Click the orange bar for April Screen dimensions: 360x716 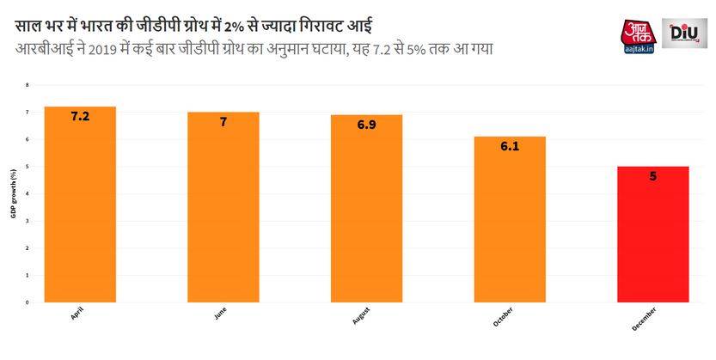80,206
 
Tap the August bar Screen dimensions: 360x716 366,211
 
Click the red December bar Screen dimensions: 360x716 652,235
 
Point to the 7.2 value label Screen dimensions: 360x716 80,115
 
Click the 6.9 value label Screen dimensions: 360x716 366,125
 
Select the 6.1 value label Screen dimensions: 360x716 509,147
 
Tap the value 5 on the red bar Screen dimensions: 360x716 652,177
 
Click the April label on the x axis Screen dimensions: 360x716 76,315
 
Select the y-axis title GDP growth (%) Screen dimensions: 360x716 13,194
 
